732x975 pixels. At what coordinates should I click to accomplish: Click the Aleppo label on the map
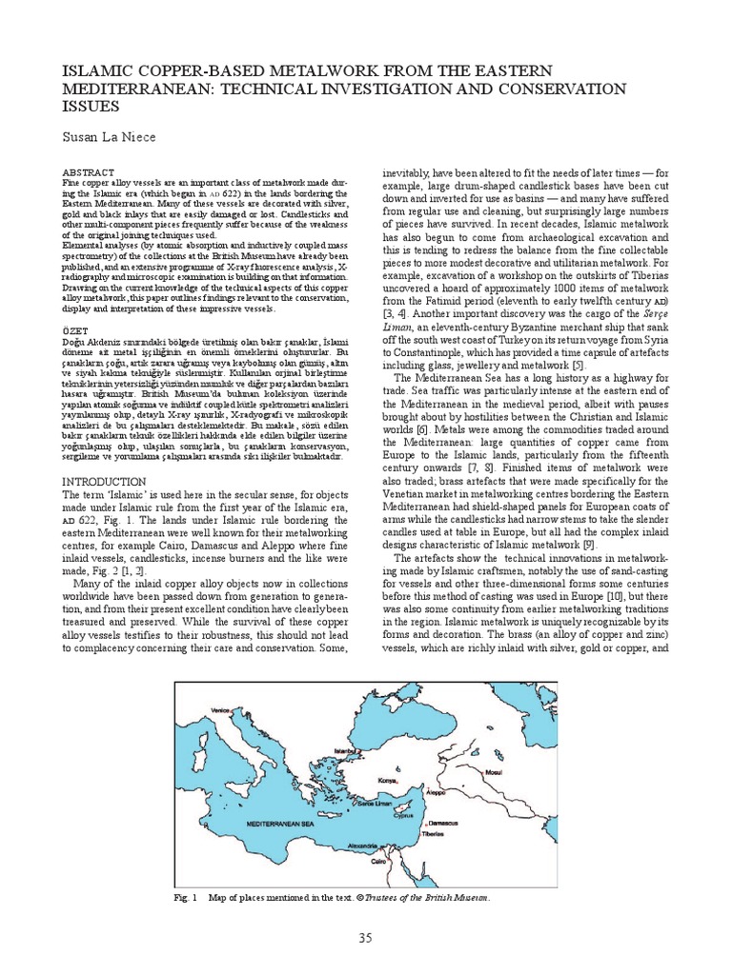point(437,790)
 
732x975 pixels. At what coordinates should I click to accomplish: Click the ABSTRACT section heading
point(88,172)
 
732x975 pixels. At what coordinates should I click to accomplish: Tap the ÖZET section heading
point(75,332)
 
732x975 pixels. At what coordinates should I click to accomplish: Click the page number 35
point(365,940)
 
